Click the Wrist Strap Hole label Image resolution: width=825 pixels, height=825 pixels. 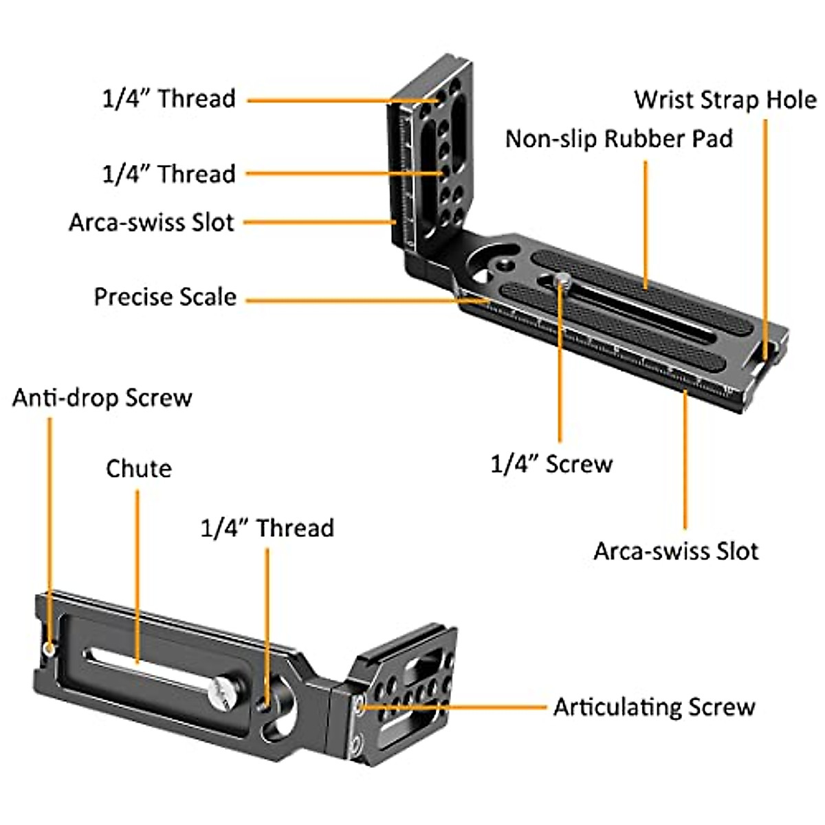tap(725, 100)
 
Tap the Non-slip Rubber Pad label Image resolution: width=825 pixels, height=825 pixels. tap(619, 139)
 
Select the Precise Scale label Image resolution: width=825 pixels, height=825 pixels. tap(165, 297)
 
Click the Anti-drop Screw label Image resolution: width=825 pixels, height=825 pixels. tap(102, 398)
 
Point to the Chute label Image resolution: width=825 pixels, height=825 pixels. tap(139, 468)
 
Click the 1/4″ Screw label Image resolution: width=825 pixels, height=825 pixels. tap(551, 463)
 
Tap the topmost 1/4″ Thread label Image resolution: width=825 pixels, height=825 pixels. tap(169, 98)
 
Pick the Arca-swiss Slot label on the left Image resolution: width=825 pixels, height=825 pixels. tap(151, 223)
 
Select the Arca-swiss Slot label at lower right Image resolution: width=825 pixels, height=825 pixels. tap(676, 551)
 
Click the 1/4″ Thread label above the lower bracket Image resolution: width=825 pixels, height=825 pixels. tap(267, 527)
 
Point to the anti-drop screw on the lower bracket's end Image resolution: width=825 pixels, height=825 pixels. tap(49, 650)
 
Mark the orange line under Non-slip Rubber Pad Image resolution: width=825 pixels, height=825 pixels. tap(646, 225)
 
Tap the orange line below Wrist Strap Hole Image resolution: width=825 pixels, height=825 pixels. tap(765, 238)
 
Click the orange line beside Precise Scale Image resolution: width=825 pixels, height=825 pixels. tap(368, 301)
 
